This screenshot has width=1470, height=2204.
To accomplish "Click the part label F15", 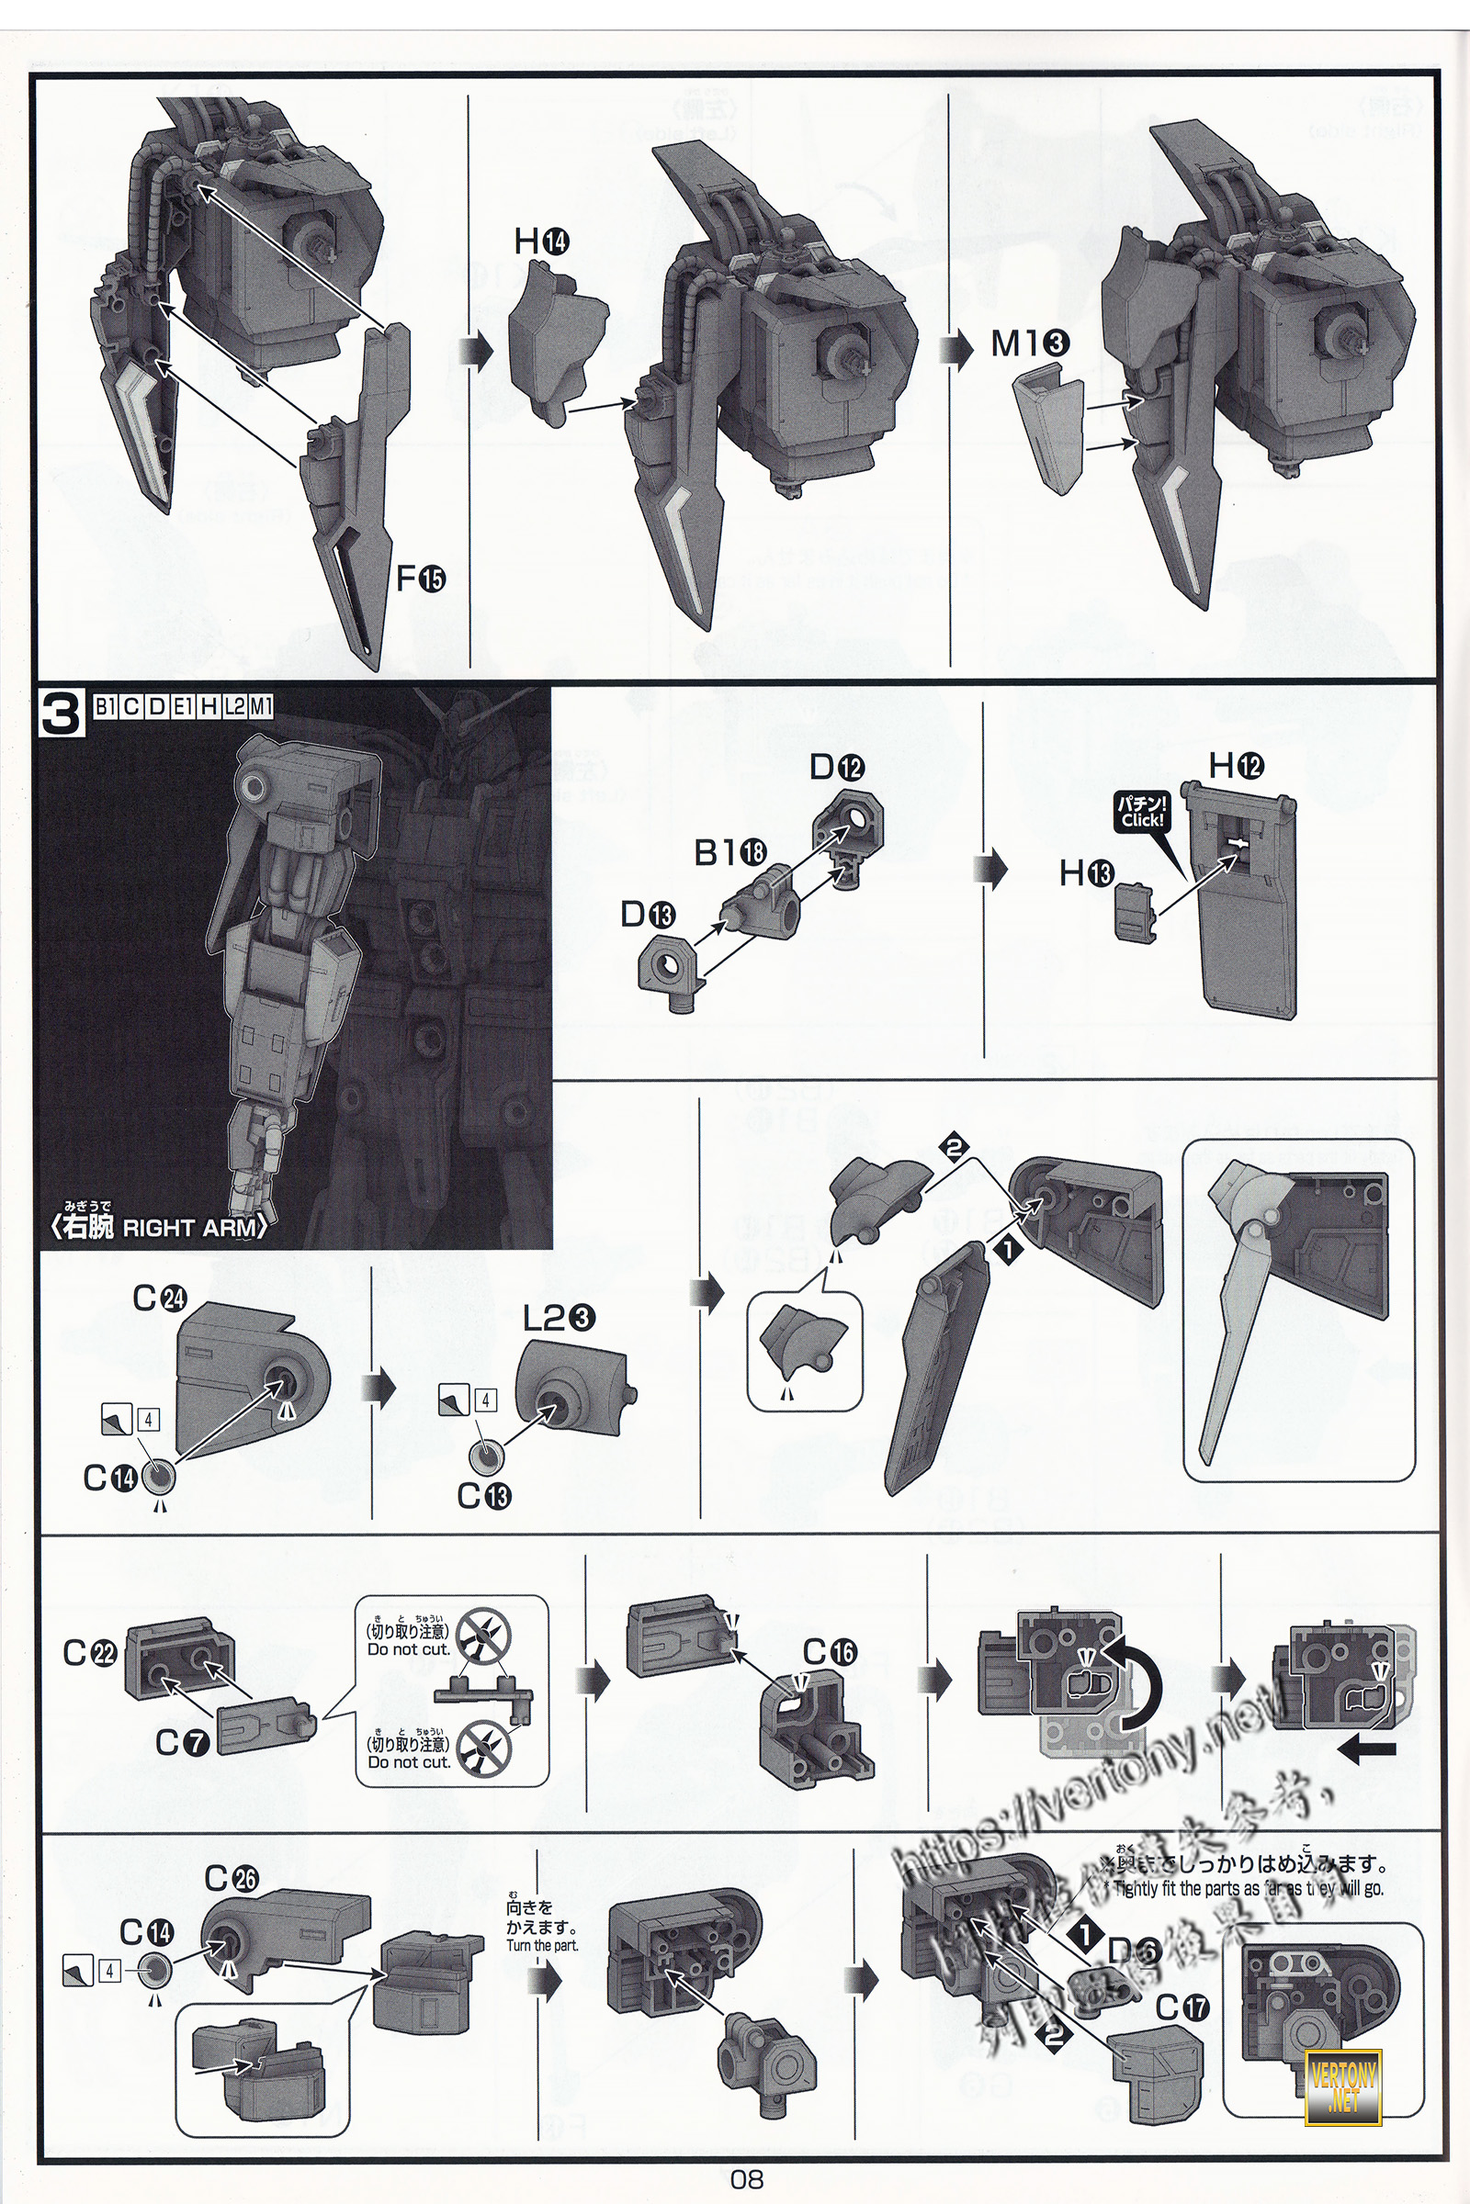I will [420, 579].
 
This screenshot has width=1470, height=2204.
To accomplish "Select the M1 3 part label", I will [1028, 343].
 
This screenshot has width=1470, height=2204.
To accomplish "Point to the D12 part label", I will [835, 768].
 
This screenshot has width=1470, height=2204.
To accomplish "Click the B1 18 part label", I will [730, 852].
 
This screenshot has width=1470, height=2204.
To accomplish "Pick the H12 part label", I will [1236, 766].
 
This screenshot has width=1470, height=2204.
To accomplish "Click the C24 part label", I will [159, 1298].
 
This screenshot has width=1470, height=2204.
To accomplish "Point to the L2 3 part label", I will [559, 1319].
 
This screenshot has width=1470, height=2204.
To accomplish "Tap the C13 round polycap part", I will [487, 1456].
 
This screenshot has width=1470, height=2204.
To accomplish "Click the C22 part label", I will [89, 1653].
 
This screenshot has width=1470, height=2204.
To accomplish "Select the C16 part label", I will [830, 1650].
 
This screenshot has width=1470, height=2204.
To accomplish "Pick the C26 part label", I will [231, 1878].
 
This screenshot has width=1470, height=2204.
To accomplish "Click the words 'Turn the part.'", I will [542, 1945].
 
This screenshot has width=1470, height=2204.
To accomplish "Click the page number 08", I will [746, 2178].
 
